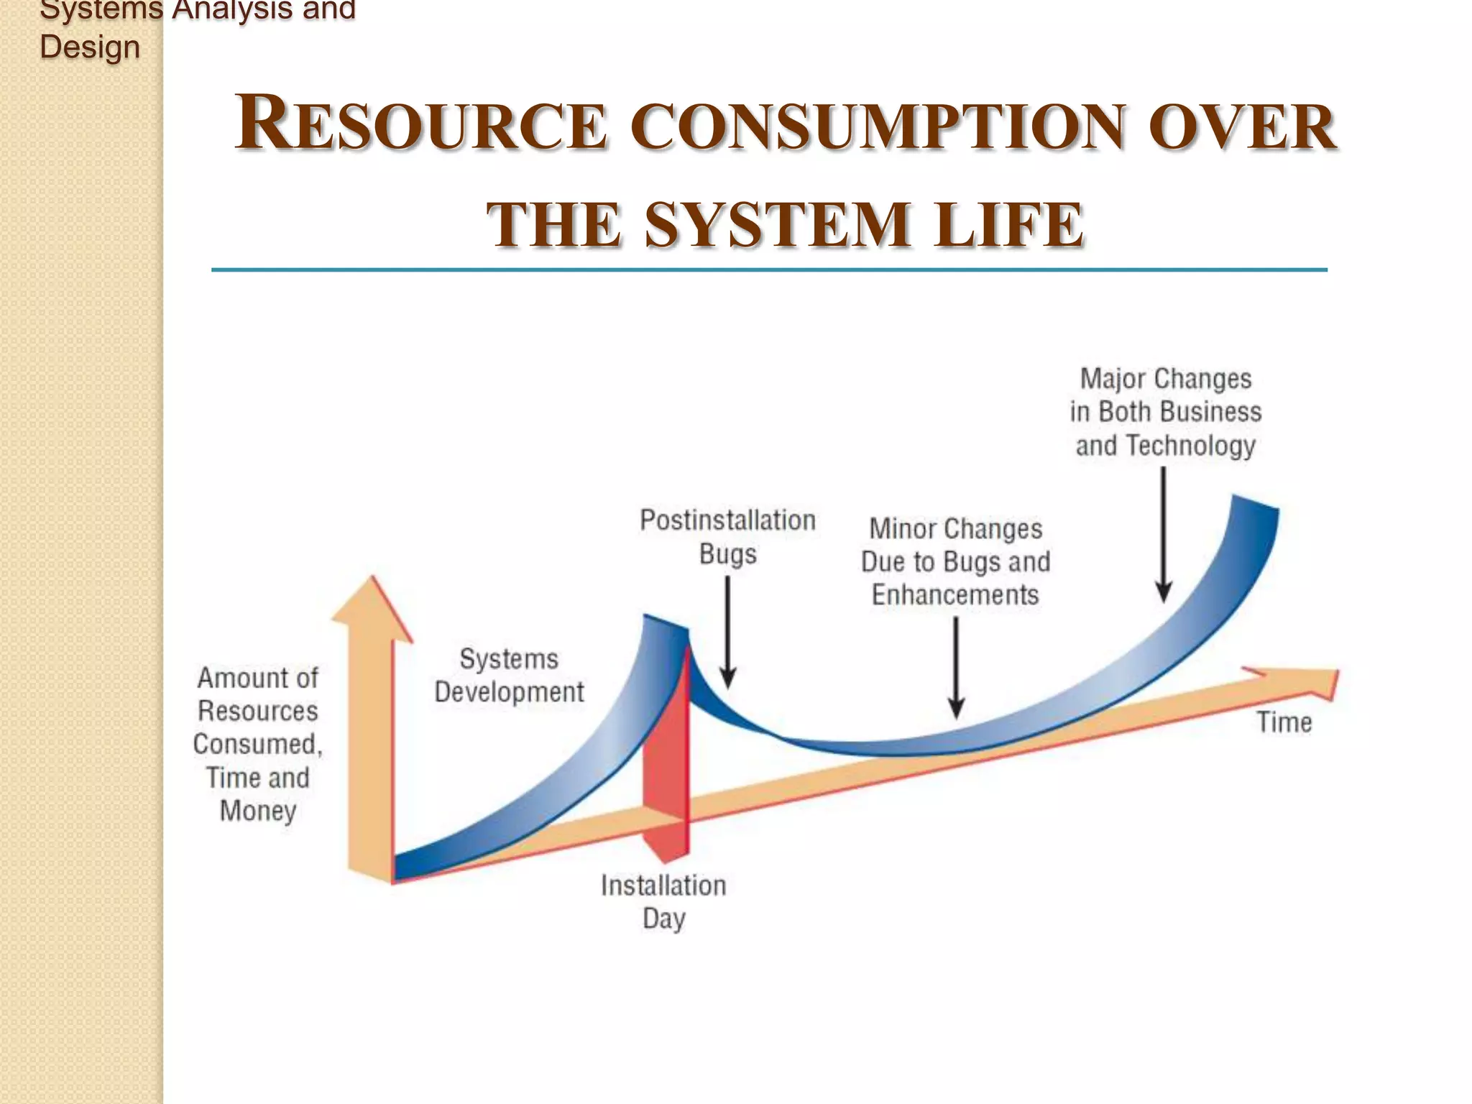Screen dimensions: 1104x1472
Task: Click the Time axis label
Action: [x=1284, y=722]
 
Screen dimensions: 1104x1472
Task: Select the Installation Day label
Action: [x=663, y=901]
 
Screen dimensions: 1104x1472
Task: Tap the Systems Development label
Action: [x=509, y=676]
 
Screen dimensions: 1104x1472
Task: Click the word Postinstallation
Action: [x=727, y=520]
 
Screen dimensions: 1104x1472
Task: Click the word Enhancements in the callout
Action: [x=955, y=595]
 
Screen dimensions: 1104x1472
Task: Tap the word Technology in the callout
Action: [x=1190, y=446]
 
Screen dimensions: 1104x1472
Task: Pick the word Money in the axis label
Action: [x=258, y=811]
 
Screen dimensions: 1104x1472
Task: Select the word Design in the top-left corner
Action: [x=90, y=47]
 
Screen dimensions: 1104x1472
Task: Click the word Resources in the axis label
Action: [x=258, y=711]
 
